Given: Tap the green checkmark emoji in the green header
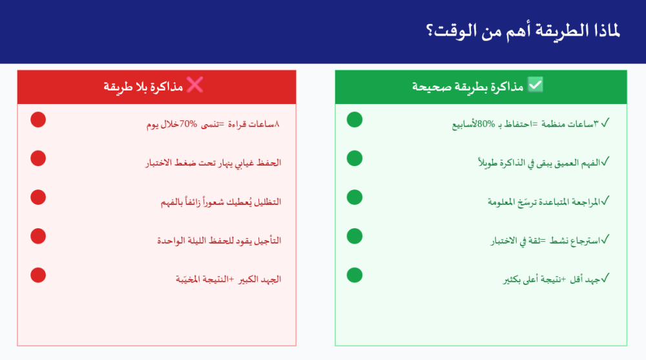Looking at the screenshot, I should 536,85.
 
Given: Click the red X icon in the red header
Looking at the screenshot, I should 194,85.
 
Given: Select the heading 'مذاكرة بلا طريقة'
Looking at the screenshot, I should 143,86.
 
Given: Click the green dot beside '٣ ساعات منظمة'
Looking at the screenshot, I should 355,120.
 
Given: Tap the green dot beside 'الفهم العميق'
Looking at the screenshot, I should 355,158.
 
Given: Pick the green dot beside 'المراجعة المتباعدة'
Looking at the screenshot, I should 355,197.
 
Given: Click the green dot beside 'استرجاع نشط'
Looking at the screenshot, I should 355,236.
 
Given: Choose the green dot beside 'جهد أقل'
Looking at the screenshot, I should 355,275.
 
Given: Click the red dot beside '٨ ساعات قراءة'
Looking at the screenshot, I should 38,120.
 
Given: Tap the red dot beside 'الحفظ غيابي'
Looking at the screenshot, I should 38,158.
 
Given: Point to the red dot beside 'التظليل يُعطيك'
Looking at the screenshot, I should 38,197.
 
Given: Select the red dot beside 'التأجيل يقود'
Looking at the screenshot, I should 38,236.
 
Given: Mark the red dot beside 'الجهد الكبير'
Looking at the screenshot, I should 38,275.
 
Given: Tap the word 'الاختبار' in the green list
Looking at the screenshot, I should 507,241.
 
